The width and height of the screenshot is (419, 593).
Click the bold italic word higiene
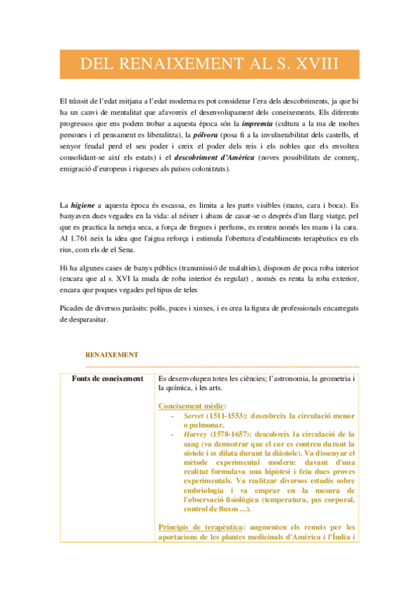tap(84, 205)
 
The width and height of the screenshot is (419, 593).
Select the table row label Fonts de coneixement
tap(108, 378)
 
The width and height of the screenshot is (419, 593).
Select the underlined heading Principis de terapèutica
tap(205, 527)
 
